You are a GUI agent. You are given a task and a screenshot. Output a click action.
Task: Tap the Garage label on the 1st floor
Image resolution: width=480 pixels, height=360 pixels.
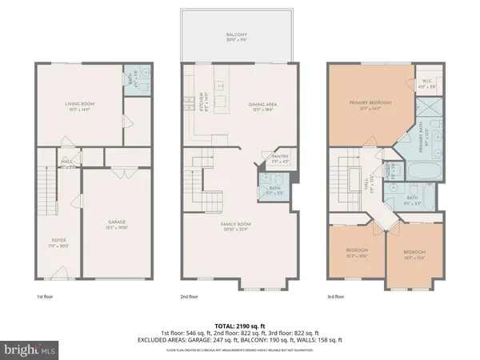(x=118, y=223)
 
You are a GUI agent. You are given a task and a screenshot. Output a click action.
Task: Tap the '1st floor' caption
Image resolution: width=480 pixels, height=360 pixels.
(x=46, y=296)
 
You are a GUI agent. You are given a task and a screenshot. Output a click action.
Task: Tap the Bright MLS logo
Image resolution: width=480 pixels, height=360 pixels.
(x=30, y=349)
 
